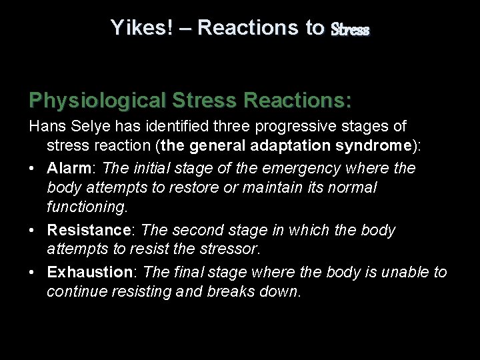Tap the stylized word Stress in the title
pos(349,29)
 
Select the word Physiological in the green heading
pos(97,101)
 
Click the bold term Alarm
pos(69,167)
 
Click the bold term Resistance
pos(88,230)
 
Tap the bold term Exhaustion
pos(90,271)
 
